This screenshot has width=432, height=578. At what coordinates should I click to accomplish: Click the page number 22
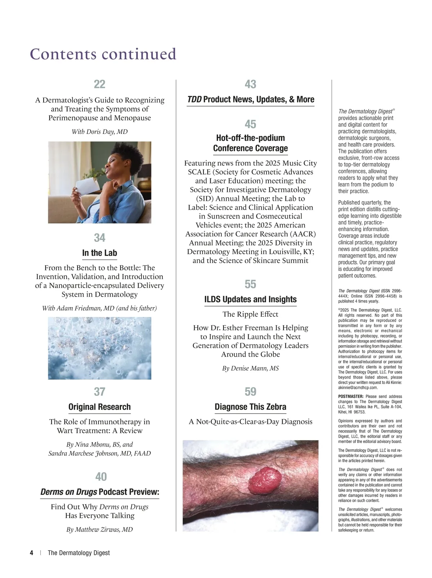pyautogui.click(x=99, y=84)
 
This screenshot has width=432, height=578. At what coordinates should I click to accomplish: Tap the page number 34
pyautogui.click(x=99, y=238)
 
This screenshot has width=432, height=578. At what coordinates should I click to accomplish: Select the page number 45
pyautogui.click(x=250, y=125)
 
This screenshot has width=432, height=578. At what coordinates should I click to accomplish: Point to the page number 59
pyautogui.click(x=250, y=392)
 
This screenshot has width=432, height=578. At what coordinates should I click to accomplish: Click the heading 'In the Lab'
pyautogui.click(x=99, y=253)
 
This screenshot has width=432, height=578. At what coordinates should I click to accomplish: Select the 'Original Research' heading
pyautogui.click(x=99, y=407)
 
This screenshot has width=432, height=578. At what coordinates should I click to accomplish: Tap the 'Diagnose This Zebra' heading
pyautogui.click(x=250, y=407)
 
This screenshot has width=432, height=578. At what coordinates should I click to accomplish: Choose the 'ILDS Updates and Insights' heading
pyautogui.click(x=250, y=299)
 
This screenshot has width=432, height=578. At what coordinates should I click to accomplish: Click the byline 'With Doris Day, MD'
pyautogui.click(x=99, y=132)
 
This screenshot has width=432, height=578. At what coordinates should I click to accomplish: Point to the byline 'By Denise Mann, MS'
pyautogui.click(x=250, y=369)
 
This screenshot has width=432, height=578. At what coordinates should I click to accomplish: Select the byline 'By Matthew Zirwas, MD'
pyautogui.click(x=99, y=530)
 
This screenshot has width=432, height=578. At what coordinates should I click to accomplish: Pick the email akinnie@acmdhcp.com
pyautogui.click(x=358, y=388)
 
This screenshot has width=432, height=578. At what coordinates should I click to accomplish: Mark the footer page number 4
pyautogui.click(x=32, y=553)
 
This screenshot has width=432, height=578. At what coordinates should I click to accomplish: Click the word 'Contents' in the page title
pyautogui.click(x=63, y=54)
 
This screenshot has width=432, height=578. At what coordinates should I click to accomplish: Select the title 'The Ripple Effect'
pyautogui.click(x=250, y=314)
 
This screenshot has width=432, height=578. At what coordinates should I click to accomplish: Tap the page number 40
pyautogui.click(x=101, y=477)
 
